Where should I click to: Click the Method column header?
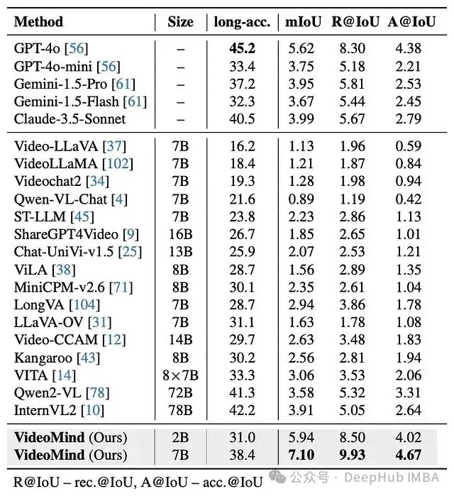point(39,22)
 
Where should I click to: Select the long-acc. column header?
point(242,22)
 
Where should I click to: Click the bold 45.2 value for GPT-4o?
point(243,49)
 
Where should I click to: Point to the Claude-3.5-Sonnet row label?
point(70,119)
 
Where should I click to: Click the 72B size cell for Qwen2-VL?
point(180,392)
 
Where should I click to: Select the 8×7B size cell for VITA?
point(180,375)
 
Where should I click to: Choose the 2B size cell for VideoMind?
point(180,437)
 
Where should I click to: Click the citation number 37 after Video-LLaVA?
point(113,146)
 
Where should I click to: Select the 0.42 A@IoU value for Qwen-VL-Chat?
point(406,199)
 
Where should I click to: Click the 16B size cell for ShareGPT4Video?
point(180,234)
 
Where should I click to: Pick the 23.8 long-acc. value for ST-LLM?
point(243,216)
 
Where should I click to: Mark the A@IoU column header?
point(406,22)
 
